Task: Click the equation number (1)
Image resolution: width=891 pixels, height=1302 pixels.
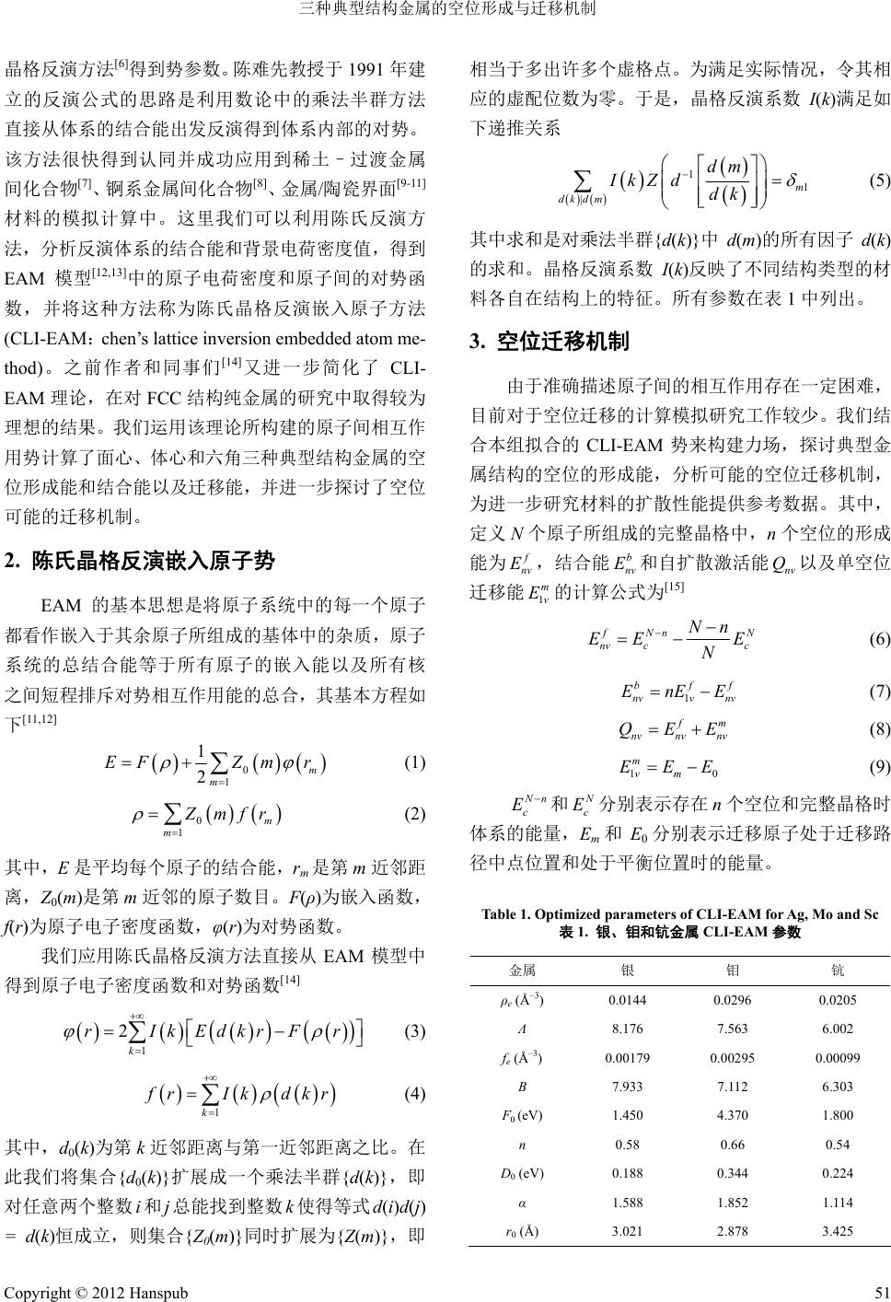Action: click(x=414, y=763)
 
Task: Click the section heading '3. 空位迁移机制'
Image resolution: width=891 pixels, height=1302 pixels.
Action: click(x=550, y=343)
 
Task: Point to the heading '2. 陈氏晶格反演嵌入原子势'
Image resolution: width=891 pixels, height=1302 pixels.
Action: click(x=140, y=561)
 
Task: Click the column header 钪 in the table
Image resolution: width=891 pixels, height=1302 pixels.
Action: click(x=837, y=970)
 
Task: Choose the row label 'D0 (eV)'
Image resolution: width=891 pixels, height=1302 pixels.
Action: click(x=521, y=1172)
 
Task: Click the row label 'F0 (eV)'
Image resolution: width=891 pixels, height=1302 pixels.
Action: click(x=521, y=1115)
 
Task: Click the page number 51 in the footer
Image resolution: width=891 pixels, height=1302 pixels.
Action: click(x=880, y=1292)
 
